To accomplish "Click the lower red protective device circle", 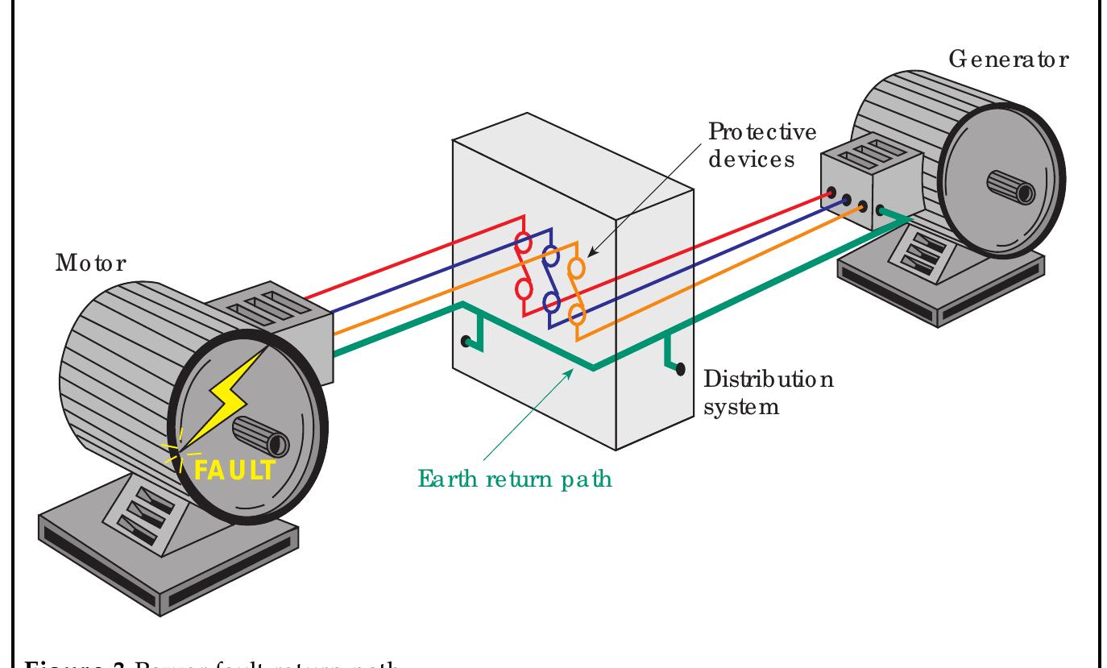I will pyautogui.click(x=522, y=288).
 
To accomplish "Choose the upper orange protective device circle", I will pyautogui.click(x=577, y=267).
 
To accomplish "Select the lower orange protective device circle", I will pyautogui.click(x=577, y=313).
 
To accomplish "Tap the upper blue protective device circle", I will pyautogui.click(x=552, y=257).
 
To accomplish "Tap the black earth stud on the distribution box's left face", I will pyautogui.click(x=465, y=342).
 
